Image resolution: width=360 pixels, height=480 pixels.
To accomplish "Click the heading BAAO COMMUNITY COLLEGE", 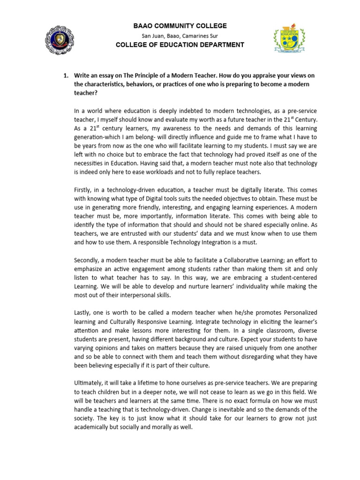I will point(180,26).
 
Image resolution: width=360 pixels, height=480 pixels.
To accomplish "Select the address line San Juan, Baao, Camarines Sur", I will point(180,36).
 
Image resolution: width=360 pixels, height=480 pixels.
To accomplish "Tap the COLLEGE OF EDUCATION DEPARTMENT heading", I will point(180,45).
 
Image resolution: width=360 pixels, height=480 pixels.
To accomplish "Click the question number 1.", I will point(66,75).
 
